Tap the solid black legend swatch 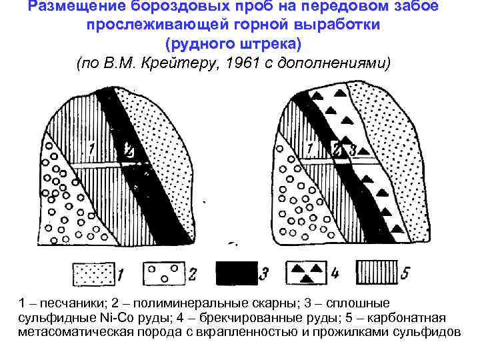(x=237, y=273)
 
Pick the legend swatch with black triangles (x=306, y=273)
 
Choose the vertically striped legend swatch (x=377, y=273)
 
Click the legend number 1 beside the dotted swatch (x=121, y=274)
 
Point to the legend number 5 (x=406, y=273)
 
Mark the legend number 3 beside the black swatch (x=265, y=273)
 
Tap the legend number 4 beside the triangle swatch (x=335, y=274)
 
